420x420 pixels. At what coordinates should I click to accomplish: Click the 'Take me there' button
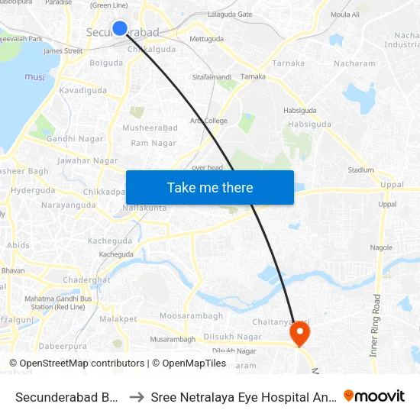coord(210,187)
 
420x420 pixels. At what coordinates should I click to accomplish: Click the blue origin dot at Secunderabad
coord(120,28)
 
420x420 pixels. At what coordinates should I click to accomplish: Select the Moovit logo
coord(374,396)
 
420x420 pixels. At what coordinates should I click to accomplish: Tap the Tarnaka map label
coord(288,63)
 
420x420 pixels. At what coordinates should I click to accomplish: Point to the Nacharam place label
coord(354,63)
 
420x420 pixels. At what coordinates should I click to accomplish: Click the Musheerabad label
coord(150,128)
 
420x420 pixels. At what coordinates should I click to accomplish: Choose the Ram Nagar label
coord(153,143)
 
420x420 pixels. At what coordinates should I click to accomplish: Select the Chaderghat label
coord(86,280)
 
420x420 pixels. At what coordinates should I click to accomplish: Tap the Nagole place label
coord(380,247)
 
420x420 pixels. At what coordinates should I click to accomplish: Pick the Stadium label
coord(360,170)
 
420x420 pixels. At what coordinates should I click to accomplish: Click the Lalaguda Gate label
coord(230,15)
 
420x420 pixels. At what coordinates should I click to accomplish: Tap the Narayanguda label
coord(69,205)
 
